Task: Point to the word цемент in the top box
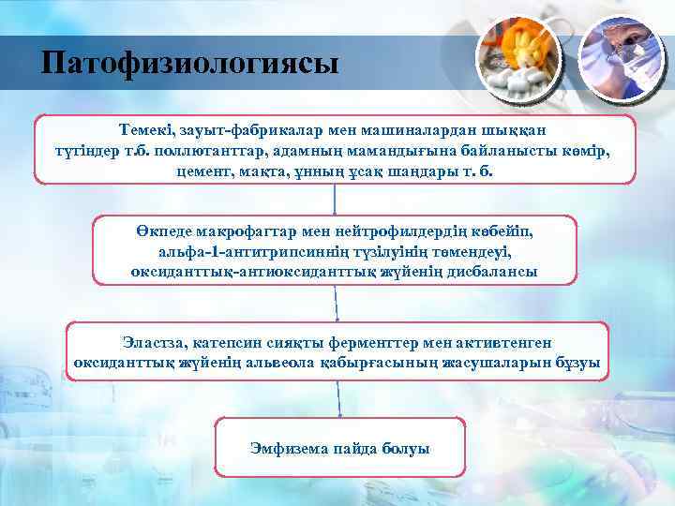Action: coord(204,172)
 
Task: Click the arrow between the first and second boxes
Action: coord(335,200)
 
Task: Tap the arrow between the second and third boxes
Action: coord(336,302)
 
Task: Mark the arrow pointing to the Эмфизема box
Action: coord(336,398)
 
